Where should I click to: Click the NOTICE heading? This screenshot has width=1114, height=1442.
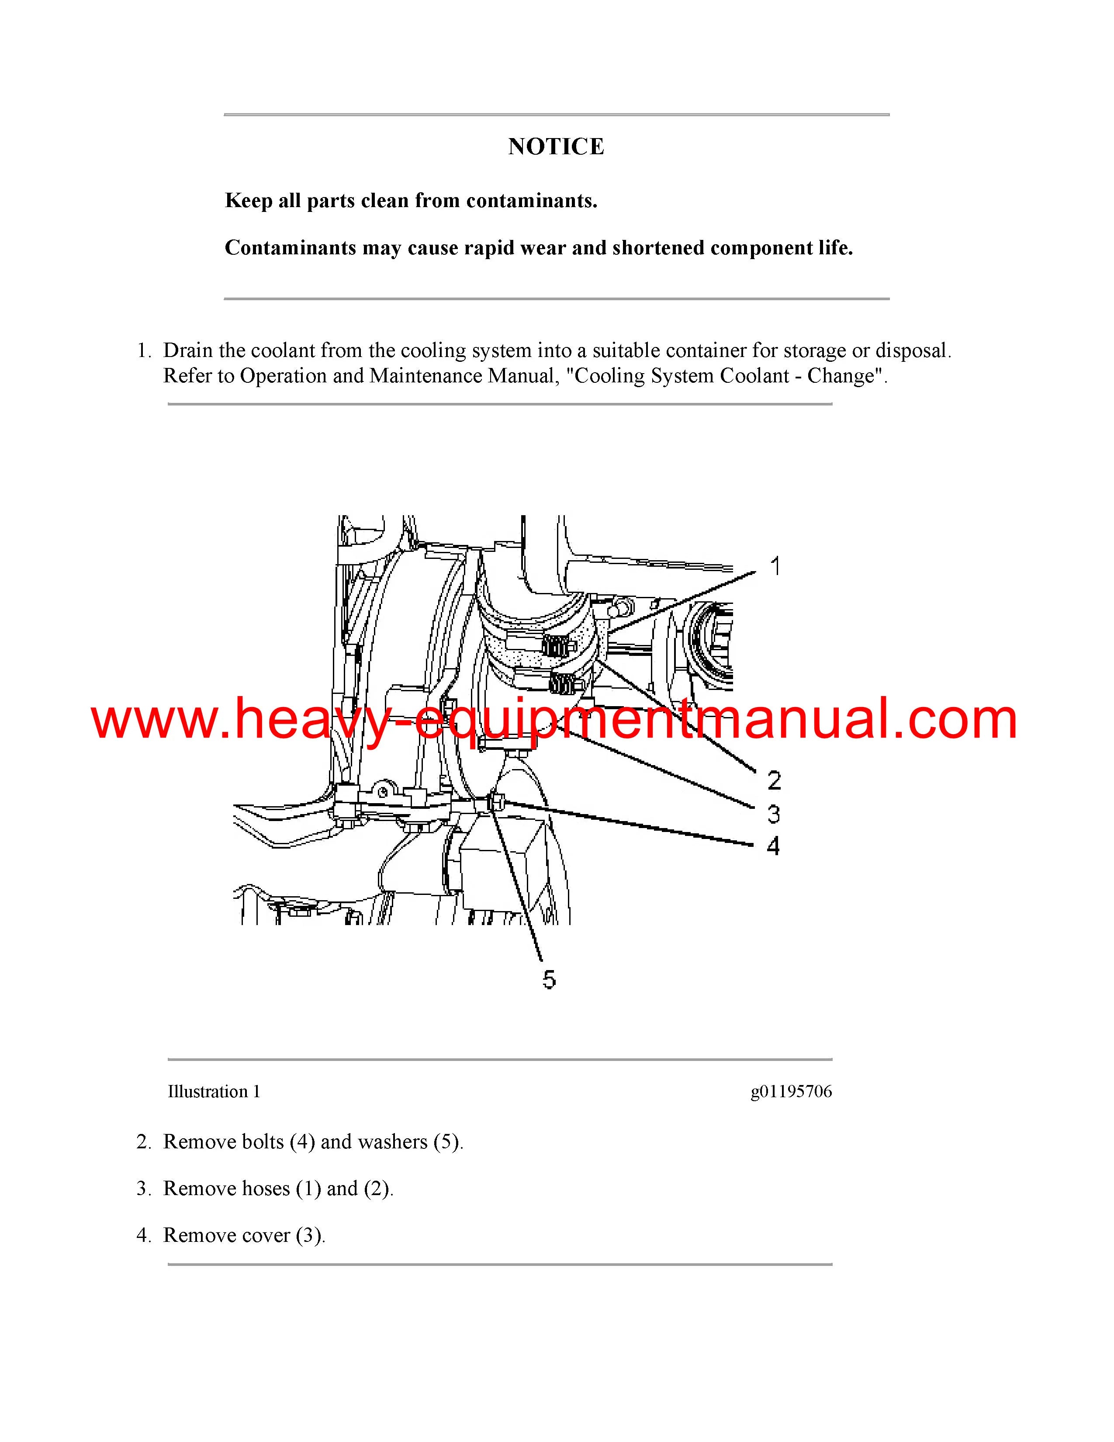556,146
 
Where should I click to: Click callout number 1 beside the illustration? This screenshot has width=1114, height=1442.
775,566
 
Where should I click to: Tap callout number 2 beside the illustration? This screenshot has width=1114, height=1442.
774,780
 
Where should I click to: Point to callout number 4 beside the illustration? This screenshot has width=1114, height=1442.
773,846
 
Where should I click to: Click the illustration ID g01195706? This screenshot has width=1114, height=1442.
791,1092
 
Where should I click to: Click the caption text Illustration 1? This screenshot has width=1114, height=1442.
214,1092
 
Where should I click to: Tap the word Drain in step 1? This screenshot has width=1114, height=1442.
187,350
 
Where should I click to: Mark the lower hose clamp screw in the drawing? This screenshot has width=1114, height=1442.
562,685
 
